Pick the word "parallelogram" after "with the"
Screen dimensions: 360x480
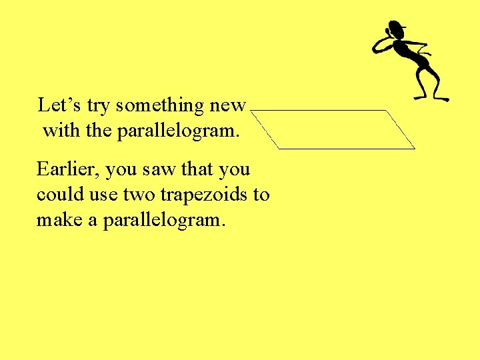coord(177,132)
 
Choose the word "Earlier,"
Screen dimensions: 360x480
coord(69,170)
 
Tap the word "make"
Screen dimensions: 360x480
coord(60,220)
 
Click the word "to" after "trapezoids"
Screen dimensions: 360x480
coord(261,195)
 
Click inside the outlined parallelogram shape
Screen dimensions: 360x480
coord(333,129)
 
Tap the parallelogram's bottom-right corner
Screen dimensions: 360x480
coord(415,148)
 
